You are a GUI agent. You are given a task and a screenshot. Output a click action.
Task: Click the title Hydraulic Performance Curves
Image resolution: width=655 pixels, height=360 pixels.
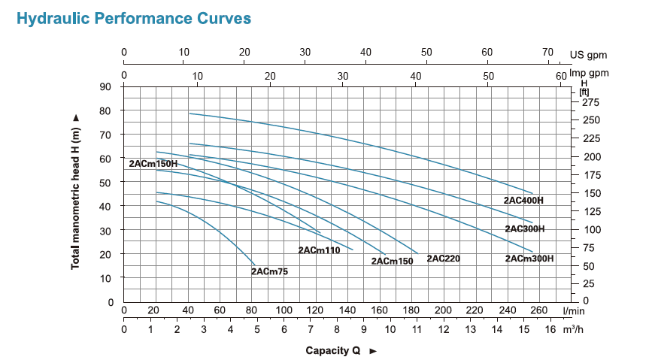click(134, 18)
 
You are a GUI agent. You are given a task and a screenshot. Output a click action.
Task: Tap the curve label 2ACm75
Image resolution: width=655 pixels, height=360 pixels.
click(269, 271)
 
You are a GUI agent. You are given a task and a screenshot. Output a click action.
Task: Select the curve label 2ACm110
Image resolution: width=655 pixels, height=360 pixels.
click(320, 250)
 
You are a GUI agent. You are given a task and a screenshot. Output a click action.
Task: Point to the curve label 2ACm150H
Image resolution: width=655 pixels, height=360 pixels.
click(153, 163)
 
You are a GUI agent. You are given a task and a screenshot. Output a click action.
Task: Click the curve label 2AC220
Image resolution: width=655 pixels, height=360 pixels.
click(443, 259)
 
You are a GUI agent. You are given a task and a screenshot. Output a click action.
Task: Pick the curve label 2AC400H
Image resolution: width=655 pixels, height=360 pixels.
click(523, 201)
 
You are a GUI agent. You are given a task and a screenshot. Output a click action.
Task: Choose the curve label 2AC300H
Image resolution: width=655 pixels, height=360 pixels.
click(524, 228)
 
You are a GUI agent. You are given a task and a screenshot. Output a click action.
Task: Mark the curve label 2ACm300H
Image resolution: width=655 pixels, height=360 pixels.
click(529, 259)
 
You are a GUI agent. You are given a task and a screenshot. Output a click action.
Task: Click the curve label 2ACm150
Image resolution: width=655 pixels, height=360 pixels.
click(392, 261)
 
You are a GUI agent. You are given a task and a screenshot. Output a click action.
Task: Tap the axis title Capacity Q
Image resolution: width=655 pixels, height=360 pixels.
click(335, 350)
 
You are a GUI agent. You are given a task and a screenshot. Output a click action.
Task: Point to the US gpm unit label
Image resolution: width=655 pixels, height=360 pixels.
click(588, 55)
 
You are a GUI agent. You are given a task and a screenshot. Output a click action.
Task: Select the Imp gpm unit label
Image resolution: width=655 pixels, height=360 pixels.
click(588, 73)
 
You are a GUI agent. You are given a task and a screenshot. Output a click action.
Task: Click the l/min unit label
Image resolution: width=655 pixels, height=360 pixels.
click(573, 310)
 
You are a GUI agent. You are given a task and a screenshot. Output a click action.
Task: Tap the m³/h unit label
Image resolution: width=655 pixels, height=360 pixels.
click(573, 329)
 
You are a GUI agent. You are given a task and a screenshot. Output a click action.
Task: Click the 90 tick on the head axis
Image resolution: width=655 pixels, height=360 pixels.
click(106, 86)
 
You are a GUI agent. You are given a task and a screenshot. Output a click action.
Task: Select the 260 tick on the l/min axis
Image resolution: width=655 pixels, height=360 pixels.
click(538, 310)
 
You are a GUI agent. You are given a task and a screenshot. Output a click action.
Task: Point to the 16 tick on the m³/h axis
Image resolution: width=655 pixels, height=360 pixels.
click(550, 329)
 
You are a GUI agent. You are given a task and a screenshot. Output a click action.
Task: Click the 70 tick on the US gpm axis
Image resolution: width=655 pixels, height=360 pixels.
click(547, 52)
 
